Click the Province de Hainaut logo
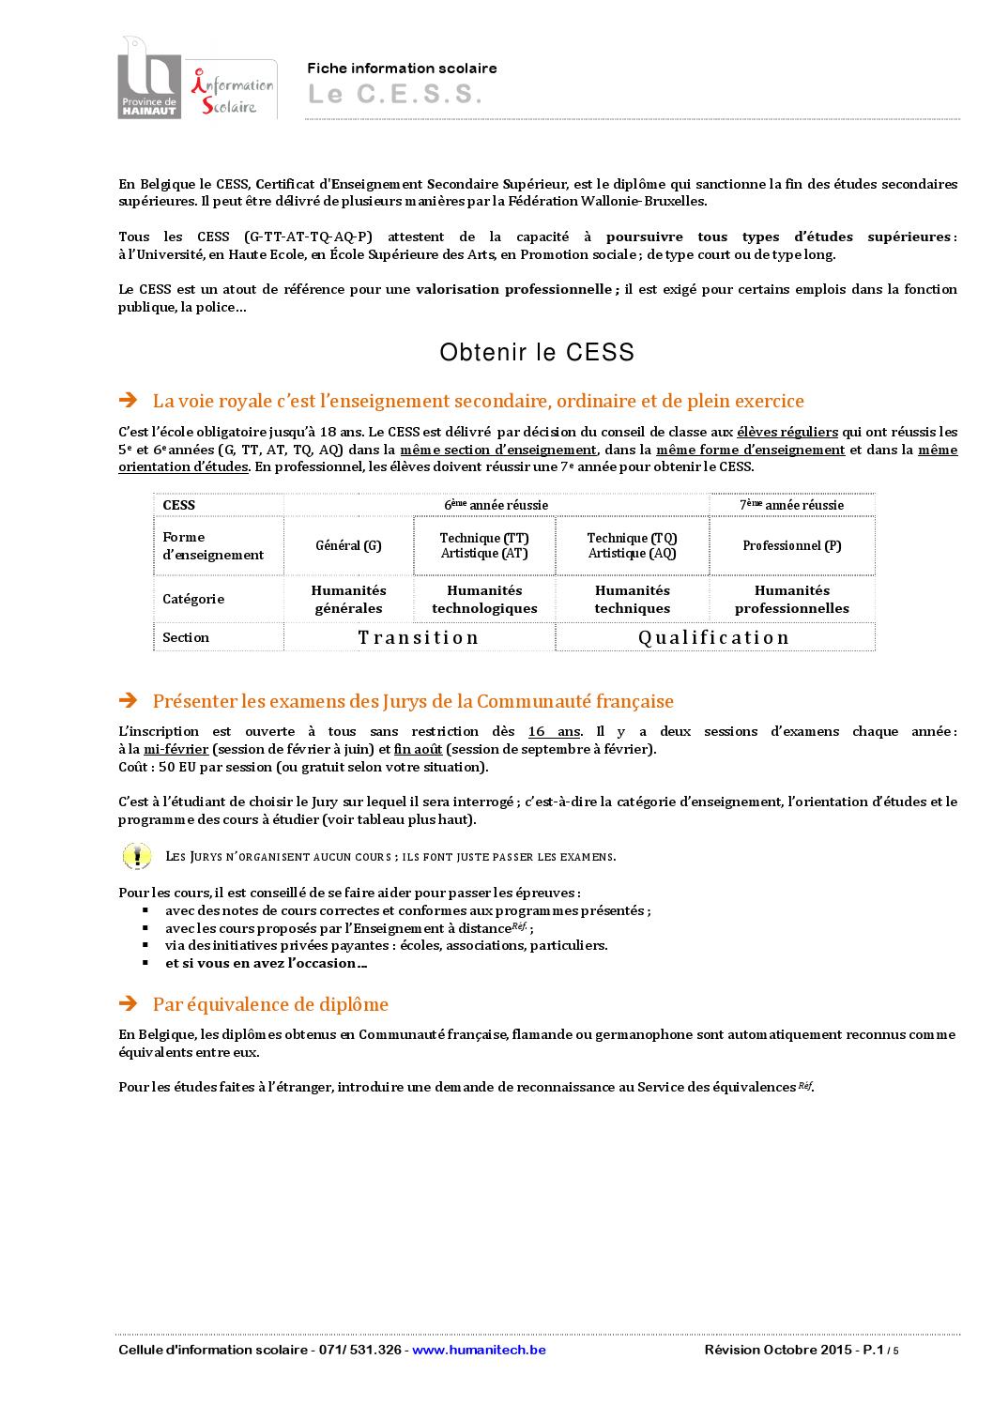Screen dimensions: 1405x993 [147, 78]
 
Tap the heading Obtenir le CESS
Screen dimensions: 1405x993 [537, 352]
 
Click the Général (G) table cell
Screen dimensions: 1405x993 [348, 545]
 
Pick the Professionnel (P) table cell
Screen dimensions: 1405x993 [791, 545]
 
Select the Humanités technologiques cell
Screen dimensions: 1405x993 [484, 599]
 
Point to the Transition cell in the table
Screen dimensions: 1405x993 [419, 637]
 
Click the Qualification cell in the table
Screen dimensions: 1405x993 [714, 637]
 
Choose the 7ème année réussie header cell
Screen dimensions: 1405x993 [791, 505]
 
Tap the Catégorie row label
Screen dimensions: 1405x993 [193, 599]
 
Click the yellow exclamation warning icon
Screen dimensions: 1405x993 [137, 855]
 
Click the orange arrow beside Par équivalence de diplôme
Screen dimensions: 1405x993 [129, 1004]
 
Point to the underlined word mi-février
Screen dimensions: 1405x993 [176, 749]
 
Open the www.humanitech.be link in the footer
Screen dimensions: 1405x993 [479, 1350]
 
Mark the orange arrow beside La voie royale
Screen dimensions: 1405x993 [129, 401]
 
